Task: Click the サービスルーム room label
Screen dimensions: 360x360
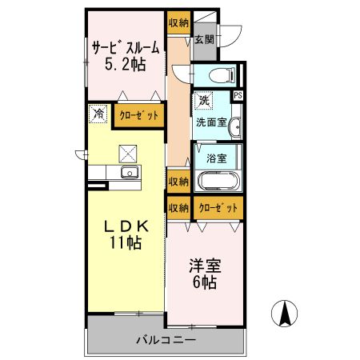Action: (x=126, y=48)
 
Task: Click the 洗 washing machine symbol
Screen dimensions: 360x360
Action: (x=204, y=101)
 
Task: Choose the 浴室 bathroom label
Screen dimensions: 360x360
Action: (x=215, y=157)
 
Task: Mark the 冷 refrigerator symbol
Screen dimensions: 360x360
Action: (x=98, y=114)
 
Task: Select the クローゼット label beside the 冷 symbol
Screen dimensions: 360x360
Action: (x=138, y=115)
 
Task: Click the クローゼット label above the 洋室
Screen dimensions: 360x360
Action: (x=218, y=207)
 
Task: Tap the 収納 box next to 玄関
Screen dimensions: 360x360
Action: (x=178, y=22)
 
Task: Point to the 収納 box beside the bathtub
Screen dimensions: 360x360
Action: (x=178, y=181)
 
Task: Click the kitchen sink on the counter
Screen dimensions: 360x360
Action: (x=127, y=173)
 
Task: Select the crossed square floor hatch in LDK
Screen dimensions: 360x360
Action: (x=127, y=151)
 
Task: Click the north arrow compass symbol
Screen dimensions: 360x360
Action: (x=284, y=313)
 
